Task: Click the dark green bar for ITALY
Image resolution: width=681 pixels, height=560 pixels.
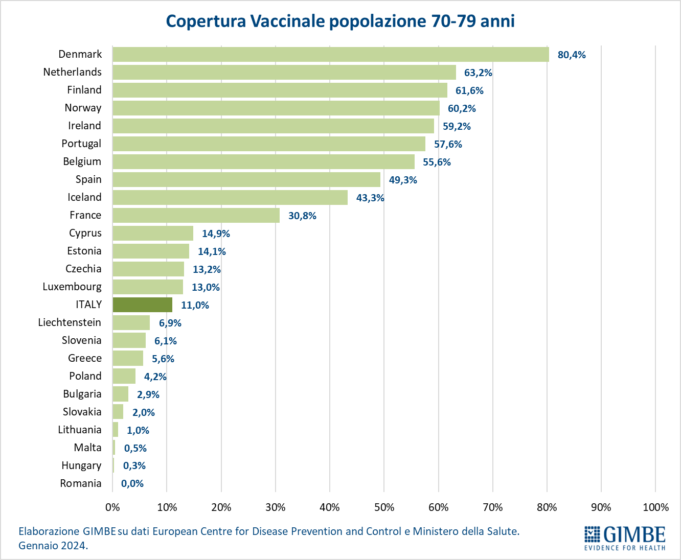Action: point(142,305)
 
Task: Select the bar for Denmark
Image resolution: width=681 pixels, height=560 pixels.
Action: point(330,55)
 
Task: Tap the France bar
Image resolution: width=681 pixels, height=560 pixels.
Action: point(196,215)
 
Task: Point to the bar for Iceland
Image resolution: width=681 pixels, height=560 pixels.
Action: point(230,197)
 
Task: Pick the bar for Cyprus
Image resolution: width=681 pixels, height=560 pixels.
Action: point(153,233)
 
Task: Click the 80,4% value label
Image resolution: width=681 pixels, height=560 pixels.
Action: point(572,55)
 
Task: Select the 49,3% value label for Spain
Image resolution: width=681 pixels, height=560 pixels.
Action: point(403,180)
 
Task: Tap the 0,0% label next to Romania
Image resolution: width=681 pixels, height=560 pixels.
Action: point(132,483)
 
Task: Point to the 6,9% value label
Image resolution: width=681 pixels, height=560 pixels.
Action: point(170,323)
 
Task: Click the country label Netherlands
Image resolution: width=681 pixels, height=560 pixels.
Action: point(72,72)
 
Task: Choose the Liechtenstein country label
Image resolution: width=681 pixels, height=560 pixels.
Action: point(70,322)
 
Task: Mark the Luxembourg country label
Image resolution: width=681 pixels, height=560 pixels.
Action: point(72,287)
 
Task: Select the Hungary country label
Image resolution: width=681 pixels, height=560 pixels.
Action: point(81,465)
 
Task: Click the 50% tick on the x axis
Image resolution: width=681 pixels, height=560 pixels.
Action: point(384,507)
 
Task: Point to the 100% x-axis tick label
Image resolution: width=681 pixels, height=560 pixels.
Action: point(655,507)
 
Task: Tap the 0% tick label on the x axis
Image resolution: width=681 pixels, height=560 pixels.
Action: point(112,507)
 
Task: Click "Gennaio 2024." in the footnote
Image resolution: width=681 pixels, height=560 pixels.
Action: point(53,545)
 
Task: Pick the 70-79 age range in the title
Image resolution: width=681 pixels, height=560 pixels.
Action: point(447,21)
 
